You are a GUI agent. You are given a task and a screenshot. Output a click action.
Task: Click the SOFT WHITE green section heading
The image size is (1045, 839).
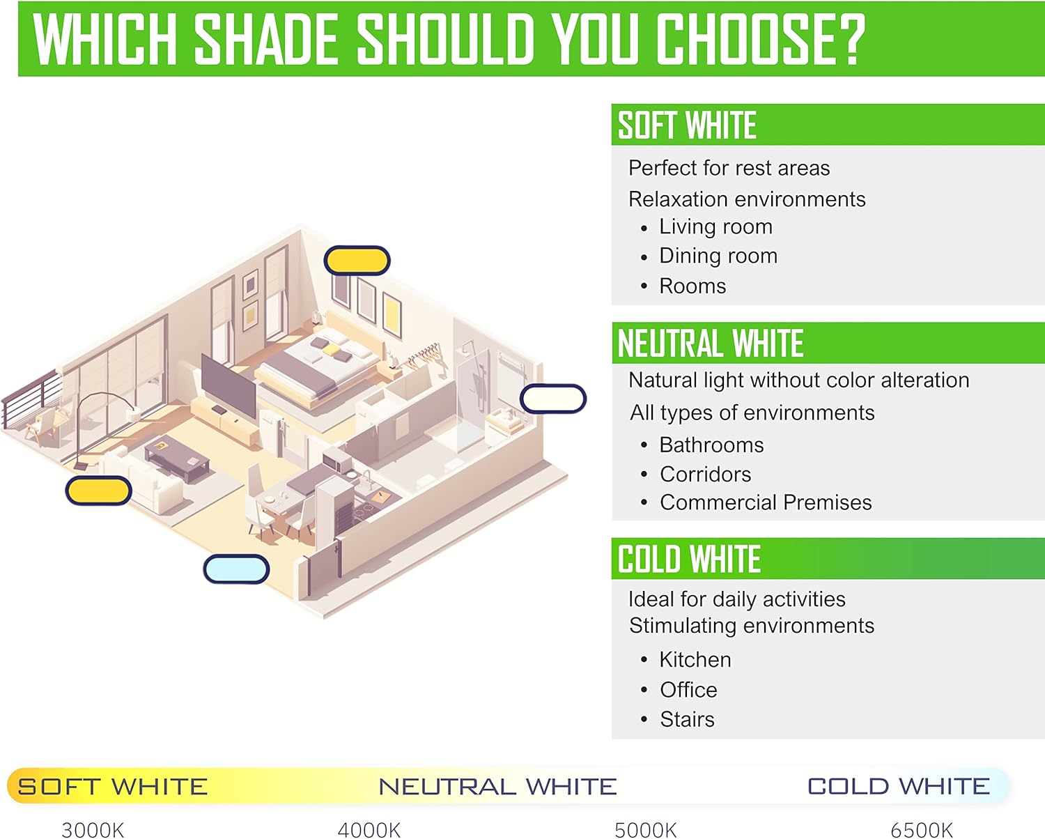687,125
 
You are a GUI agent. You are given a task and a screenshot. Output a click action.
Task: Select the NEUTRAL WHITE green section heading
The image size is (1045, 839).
711,344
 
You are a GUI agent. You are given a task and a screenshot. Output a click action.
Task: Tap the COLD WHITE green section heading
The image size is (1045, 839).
689,560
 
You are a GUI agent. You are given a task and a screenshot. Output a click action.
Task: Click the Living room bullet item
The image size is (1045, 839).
715,226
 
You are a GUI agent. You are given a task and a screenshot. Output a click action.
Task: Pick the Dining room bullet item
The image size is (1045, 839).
718,256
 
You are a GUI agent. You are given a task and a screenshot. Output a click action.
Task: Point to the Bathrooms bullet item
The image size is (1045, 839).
711,445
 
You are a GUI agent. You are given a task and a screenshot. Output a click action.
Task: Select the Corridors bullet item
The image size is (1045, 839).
705,474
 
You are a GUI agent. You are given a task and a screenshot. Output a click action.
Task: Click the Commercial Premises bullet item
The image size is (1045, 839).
766,502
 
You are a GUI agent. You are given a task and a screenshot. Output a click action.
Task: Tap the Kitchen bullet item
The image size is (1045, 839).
695,659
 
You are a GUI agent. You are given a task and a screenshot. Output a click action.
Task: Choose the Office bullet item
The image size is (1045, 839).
688,689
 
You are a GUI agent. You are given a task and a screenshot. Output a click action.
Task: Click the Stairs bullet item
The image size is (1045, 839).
687,719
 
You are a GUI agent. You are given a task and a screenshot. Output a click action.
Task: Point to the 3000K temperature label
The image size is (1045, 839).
93,829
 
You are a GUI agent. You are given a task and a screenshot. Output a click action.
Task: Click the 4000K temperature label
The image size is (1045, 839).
369,829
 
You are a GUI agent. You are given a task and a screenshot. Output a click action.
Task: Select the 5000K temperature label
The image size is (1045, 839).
646,829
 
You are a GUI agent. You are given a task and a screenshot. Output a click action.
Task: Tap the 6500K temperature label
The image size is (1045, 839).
922,829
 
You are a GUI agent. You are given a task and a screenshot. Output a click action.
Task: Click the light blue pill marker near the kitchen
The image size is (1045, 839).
236,569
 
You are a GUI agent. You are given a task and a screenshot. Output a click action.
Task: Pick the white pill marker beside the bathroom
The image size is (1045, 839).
553,399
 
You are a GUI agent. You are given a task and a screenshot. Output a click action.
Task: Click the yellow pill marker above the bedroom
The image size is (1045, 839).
357,261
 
